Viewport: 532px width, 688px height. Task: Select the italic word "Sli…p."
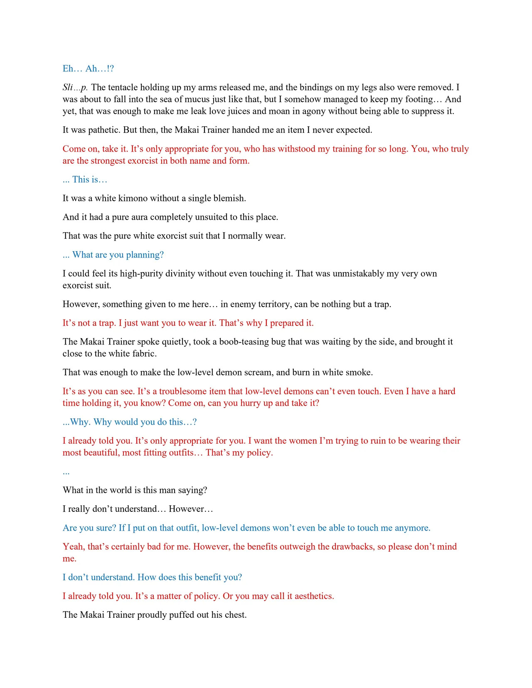[75, 87]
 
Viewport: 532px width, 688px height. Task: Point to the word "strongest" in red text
[109, 161]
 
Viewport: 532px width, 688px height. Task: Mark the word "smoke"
[360, 373]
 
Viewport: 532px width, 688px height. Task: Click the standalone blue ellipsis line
[66, 472]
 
